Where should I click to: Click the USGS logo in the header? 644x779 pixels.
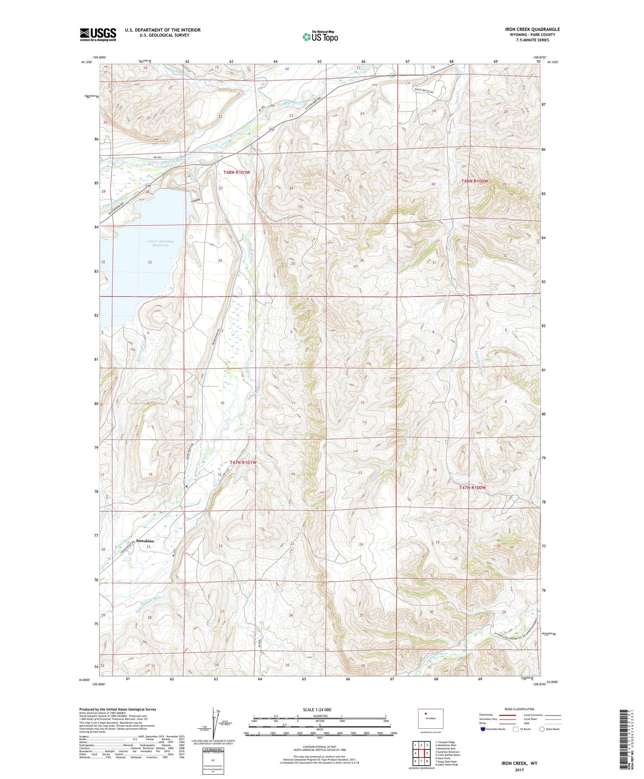pyautogui.click(x=98, y=34)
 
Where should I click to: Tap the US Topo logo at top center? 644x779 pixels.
pyautogui.click(x=320, y=37)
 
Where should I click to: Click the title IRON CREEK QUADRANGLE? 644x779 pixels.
pyautogui.click(x=532, y=29)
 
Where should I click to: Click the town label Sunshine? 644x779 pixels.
pyautogui.click(x=145, y=541)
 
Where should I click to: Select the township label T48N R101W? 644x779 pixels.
pyautogui.click(x=236, y=172)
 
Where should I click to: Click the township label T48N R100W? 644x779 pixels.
pyautogui.click(x=474, y=181)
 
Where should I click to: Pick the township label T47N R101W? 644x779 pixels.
pyautogui.click(x=243, y=462)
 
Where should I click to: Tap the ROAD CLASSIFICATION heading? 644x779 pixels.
pyautogui.click(x=519, y=709)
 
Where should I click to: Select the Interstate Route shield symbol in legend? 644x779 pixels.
pyautogui.click(x=483, y=729)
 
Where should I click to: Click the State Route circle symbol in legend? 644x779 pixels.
pyautogui.click(x=542, y=729)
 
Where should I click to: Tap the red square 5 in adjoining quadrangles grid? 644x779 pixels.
pyautogui.click(x=427, y=753)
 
